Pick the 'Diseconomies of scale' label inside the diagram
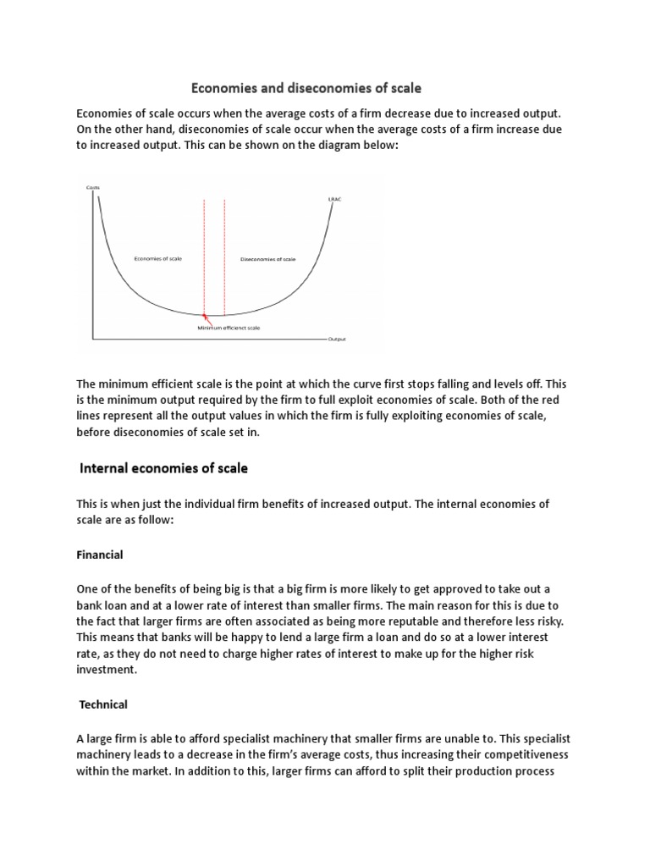point(267,258)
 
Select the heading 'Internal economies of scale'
point(163,467)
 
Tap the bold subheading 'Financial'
point(100,555)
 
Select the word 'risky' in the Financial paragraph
point(537,621)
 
